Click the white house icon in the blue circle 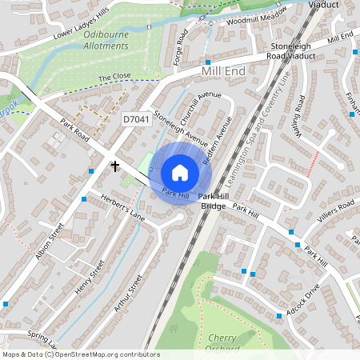[x=180, y=173]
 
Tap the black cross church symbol [x=115, y=166]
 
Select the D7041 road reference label [x=135, y=118]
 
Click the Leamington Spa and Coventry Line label [x=269, y=128]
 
